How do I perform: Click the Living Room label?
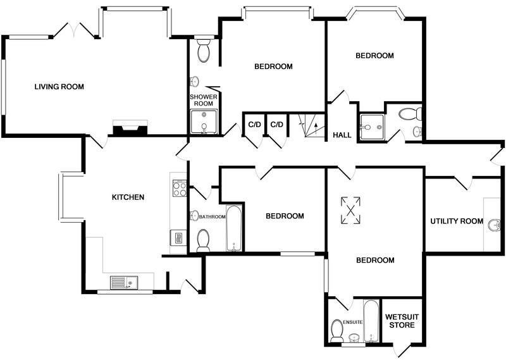pyautogui.click(x=59, y=87)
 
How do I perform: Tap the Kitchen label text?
pyautogui.click(x=128, y=197)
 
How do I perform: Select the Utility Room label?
pyautogui.click(x=457, y=221)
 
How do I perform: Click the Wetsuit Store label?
pyautogui.click(x=402, y=321)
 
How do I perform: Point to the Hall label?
pyautogui.click(x=342, y=135)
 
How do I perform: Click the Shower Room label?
pyautogui.click(x=204, y=100)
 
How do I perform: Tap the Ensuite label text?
pyautogui.click(x=352, y=322)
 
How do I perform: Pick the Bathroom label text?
pyautogui.click(x=212, y=216)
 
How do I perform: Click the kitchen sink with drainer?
pyautogui.click(x=124, y=283)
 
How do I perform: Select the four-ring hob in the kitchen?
pyautogui.click(x=180, y=189)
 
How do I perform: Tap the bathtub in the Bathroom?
pyautogui.click(x=234, y=228)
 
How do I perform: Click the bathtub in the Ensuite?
pyautogui.click(x=371, y=321)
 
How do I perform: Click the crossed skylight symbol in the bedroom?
pyautogui.click(x=350, y=210)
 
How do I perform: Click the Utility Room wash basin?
pyautogui.click(x=494, y=225)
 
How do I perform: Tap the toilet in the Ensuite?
pyautogui.click(x=337, y=331)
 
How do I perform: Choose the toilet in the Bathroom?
pyautogui.click(x=203, y=240)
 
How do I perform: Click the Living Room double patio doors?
pyautogui.click(x=75, y=30)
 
